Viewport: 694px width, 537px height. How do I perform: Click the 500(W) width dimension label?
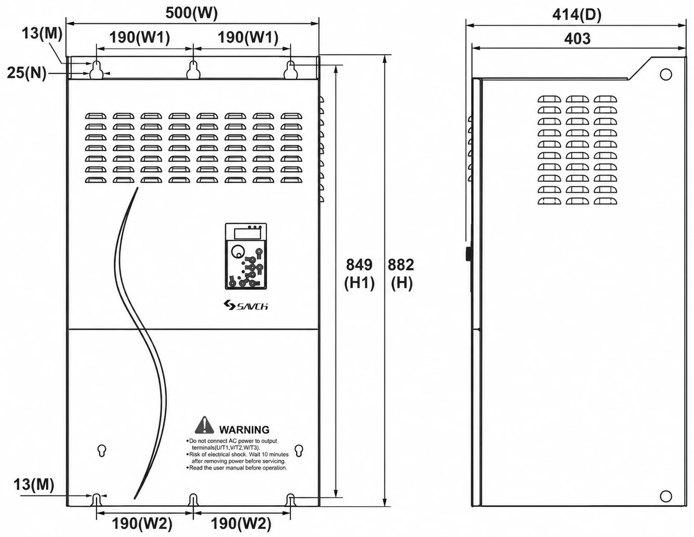(x=191, y=13)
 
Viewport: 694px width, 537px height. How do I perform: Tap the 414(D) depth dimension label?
(x=577, y=15)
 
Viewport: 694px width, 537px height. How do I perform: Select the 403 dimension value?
(x=577, y=38)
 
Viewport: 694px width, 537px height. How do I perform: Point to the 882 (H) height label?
(x=401, y=274)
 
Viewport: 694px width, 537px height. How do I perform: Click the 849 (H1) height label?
(x=359, y=274)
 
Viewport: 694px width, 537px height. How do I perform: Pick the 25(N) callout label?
(x=27, y=73)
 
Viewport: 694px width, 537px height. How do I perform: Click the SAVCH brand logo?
(x=246, y=305)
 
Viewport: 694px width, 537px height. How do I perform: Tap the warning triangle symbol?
(x=204, y=425)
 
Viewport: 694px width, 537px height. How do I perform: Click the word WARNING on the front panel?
(x=244, y=429)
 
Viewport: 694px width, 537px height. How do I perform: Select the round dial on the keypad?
(x=237, y=251)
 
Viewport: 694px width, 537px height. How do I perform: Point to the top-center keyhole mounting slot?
(x=193, y=70)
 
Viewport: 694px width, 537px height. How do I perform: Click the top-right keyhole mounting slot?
(x=290, y=70)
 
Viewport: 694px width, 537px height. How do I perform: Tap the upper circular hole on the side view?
(x=665, y=74)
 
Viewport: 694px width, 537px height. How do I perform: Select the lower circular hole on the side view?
(x=665, y=496)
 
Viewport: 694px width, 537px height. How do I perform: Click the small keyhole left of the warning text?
(x=102, y=450)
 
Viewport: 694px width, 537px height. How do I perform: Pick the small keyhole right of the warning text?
(x=299, y=450)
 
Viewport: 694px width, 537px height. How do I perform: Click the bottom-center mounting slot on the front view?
(x=193, y=500)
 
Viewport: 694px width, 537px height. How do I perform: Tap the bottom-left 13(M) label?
(x=34, y=485)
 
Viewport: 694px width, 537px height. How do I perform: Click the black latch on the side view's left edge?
(x=469, y=254)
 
